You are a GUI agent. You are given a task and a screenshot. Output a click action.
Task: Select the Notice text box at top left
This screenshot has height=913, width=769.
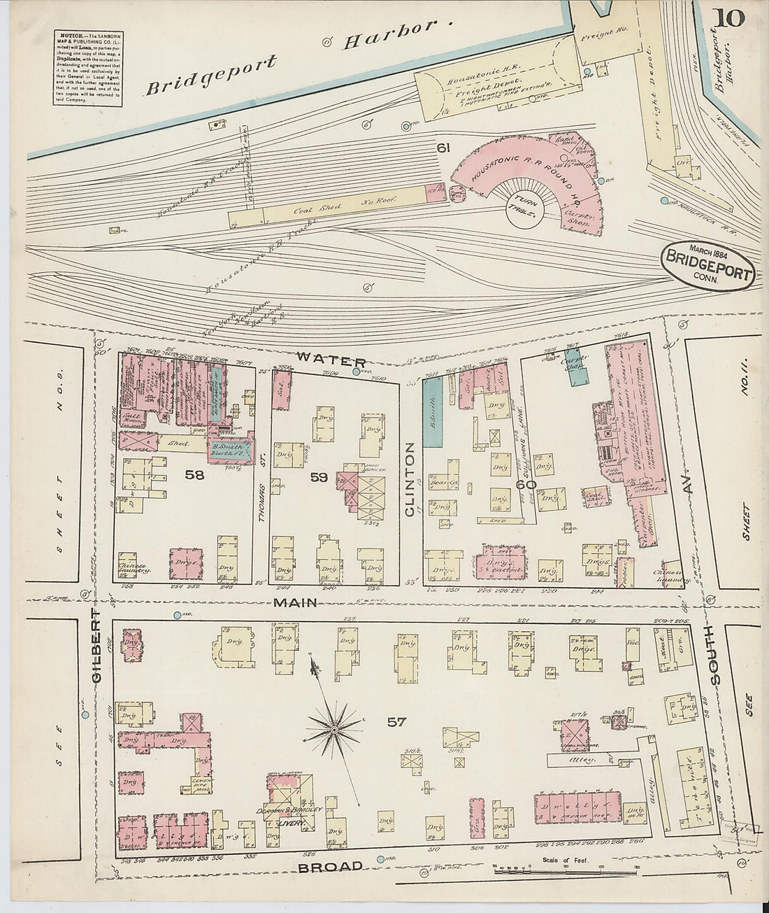point(87,69)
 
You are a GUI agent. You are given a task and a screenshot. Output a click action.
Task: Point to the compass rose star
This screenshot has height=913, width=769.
point(334,730)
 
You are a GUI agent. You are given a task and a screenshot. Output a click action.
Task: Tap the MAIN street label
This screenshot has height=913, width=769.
point(296,602)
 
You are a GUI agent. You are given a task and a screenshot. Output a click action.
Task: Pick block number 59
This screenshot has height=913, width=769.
point(319,477)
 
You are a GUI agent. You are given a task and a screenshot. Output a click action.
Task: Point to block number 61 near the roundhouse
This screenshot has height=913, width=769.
point(442,148)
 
